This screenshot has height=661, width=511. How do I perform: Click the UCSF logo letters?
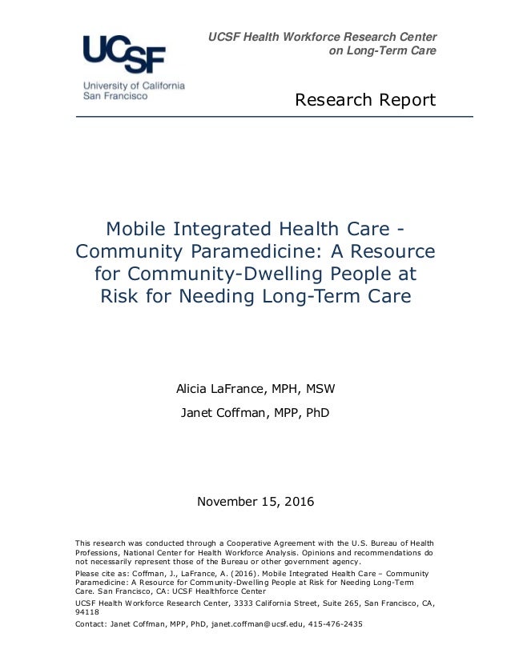click(124, 54)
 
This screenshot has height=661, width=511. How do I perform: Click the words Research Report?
click(365, 100)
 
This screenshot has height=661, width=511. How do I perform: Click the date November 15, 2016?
click(255, 503)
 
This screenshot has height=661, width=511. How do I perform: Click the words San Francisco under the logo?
click(115, 95)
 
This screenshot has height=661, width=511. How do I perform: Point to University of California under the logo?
click(134, 85)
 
